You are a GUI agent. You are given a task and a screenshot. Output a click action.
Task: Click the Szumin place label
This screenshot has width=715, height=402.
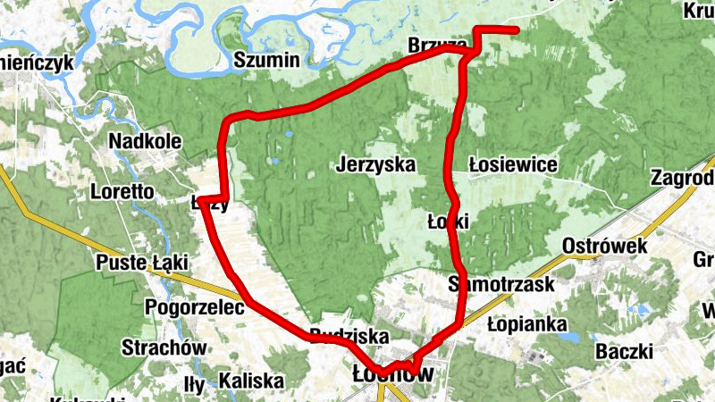(266, 61)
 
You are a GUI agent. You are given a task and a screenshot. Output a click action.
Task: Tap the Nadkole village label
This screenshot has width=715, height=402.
(145, 141)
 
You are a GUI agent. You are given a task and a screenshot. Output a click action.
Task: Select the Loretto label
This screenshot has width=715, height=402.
(122, 191)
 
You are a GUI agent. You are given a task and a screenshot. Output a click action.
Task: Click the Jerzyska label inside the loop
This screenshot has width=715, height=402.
(378, 165)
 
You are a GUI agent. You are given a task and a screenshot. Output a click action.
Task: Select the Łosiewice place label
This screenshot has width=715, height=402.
(513, 165)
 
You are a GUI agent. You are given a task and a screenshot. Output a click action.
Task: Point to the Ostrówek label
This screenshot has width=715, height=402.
(604, 246)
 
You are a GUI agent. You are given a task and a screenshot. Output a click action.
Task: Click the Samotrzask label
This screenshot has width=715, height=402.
(501, 285)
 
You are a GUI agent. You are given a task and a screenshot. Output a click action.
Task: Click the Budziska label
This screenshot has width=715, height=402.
(349, 337)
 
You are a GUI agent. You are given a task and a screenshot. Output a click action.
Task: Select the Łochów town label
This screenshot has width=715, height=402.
(392, 375)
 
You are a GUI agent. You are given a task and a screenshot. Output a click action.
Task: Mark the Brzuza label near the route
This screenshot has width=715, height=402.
(436, 46)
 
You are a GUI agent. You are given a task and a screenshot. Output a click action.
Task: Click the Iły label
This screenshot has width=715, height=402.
(194, 385)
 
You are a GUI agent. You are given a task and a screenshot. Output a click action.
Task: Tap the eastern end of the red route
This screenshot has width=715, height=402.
(517, 31)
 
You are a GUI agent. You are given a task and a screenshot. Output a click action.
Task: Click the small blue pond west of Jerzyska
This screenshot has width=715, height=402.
(289, 137)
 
